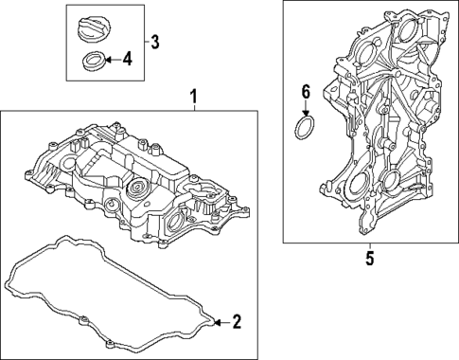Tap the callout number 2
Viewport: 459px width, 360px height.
tap(237, 322)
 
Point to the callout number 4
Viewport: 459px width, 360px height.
tap(127, 60)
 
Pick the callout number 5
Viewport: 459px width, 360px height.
tap(370, 256)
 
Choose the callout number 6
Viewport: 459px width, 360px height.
tap(306, 93)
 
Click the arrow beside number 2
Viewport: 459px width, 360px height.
tap(221, 322)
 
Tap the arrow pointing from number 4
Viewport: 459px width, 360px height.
tap(110, 61)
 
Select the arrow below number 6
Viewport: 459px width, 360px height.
tap(306, 109)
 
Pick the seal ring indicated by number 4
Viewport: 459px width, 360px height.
tap(94, 63)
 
